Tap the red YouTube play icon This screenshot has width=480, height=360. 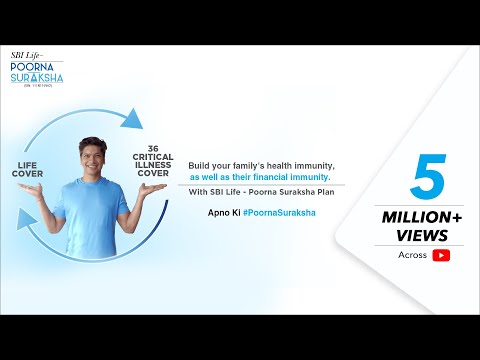point(441,255)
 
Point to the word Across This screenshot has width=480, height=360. point(411,255)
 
